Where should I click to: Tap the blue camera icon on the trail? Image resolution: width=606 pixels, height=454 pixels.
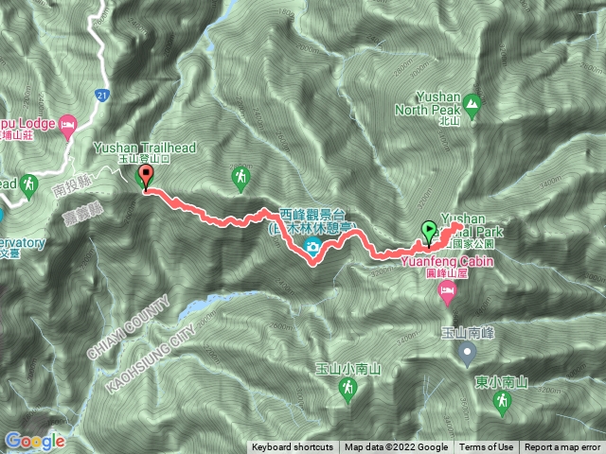(x=312, y=248)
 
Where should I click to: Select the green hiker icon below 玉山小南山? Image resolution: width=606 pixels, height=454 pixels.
(x=349, y=389)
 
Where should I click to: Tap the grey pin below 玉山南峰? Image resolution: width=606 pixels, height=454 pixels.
(x=466, y=354)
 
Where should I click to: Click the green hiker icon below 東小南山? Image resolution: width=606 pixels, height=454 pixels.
(x=500, y=403)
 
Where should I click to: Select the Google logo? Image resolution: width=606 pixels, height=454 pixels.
(x=35, y=441)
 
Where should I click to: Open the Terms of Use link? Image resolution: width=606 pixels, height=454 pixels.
(x=486, y=447)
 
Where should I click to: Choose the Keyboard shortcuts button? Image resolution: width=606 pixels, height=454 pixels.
(x=292, y=447)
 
